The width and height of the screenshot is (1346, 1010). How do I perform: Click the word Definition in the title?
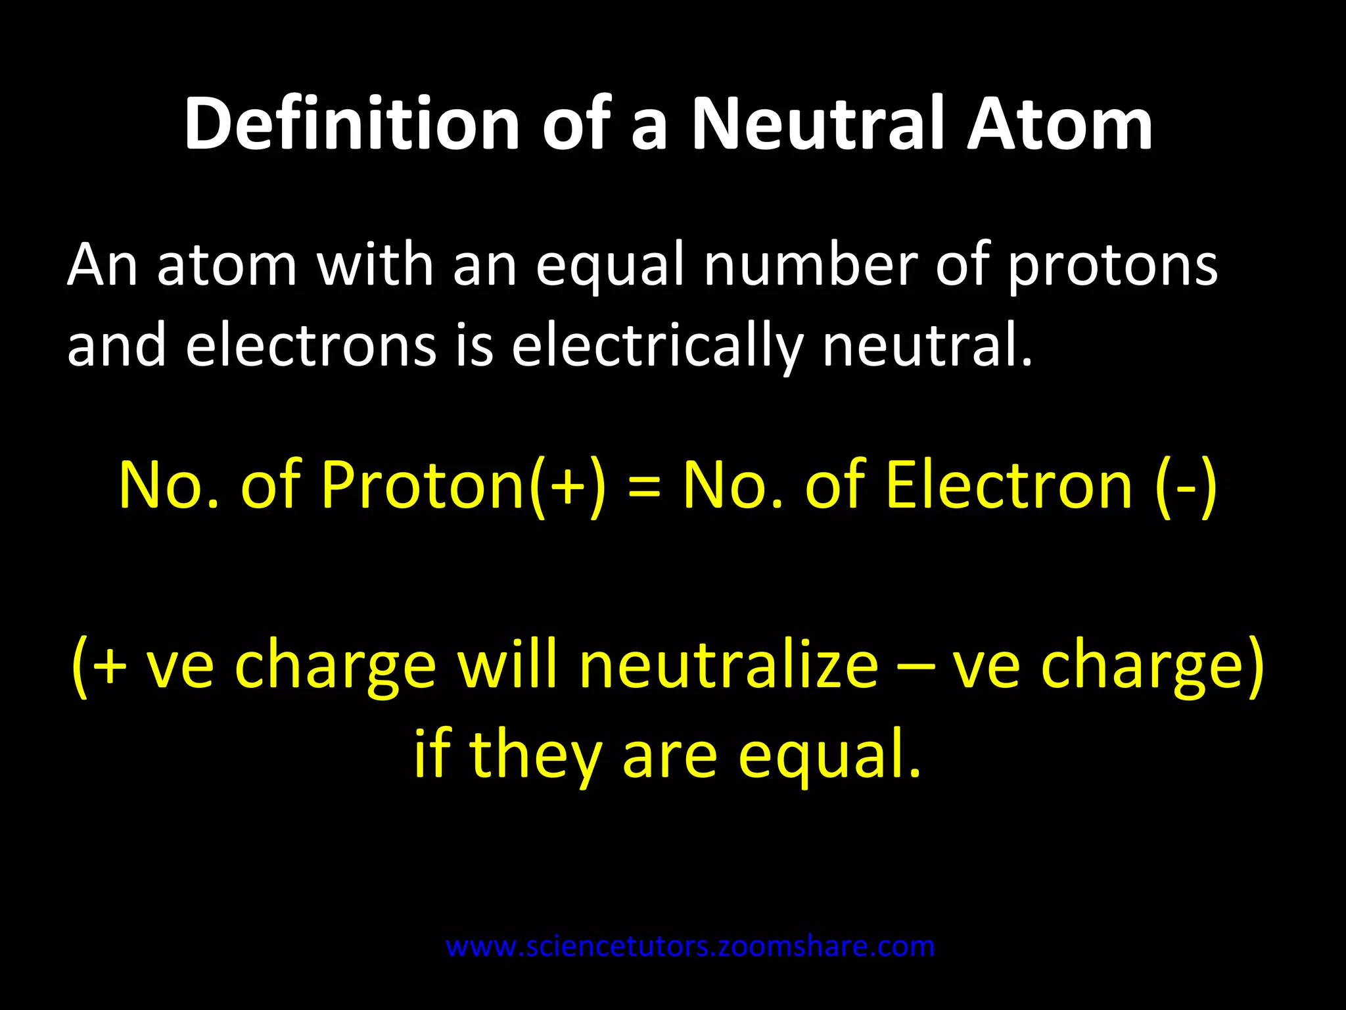tap(351, 124)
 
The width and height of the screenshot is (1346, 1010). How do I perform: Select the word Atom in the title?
tap(1059, 124)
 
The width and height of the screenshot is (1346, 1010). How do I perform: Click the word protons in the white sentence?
tap(1112, 266)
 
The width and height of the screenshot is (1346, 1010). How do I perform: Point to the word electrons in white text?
tap(311, 347)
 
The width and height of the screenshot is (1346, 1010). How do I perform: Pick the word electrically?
tap(657, 347)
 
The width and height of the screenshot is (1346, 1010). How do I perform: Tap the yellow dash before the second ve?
tap(916, 668)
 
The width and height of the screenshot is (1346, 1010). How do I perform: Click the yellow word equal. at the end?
tap(829, 756)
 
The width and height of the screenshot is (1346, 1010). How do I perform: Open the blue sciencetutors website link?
tap(690, 947)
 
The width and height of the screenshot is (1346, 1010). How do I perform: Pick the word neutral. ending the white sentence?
tap(927, 347)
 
